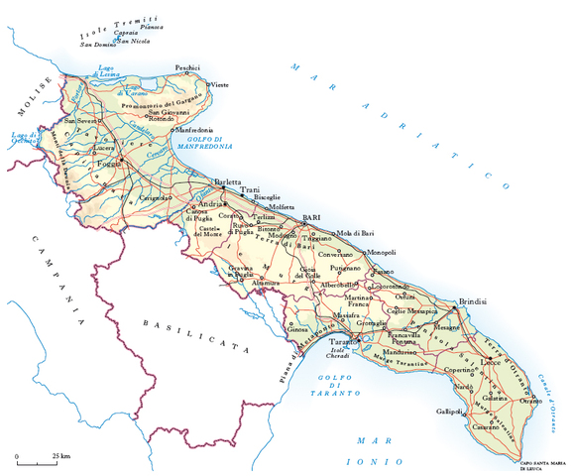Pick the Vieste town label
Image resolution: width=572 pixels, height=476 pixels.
pyautogui.click(x=220, y=86)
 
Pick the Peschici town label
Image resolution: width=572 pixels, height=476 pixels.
pyautogui.click(x=186, y=67)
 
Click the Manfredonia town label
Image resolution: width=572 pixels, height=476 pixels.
pyautogui.click(x=194, y=130)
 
